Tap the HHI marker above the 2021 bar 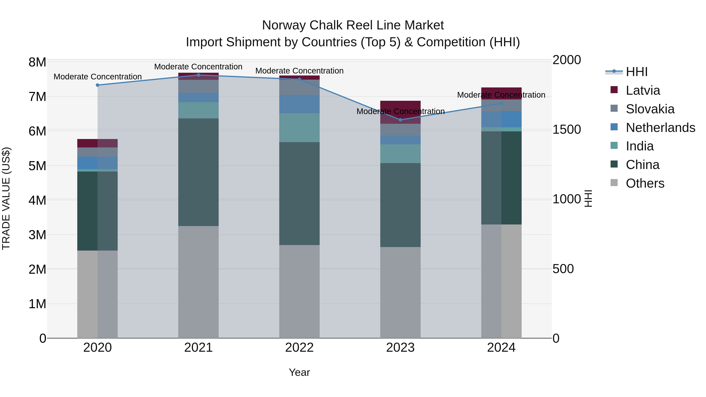point(198,75)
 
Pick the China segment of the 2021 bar point(198,172)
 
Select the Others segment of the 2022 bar point(299,291)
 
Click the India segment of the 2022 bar point(299,128)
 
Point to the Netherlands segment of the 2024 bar point(501,119)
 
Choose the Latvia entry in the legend point(643,90)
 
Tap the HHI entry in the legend point(636,72)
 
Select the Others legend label point(645,183)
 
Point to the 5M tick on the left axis point(37,166)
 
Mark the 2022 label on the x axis point(299,348)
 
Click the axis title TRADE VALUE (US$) point(6,198)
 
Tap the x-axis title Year point(299,372)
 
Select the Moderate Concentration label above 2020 point(98,77)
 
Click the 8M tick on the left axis point(37,62)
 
